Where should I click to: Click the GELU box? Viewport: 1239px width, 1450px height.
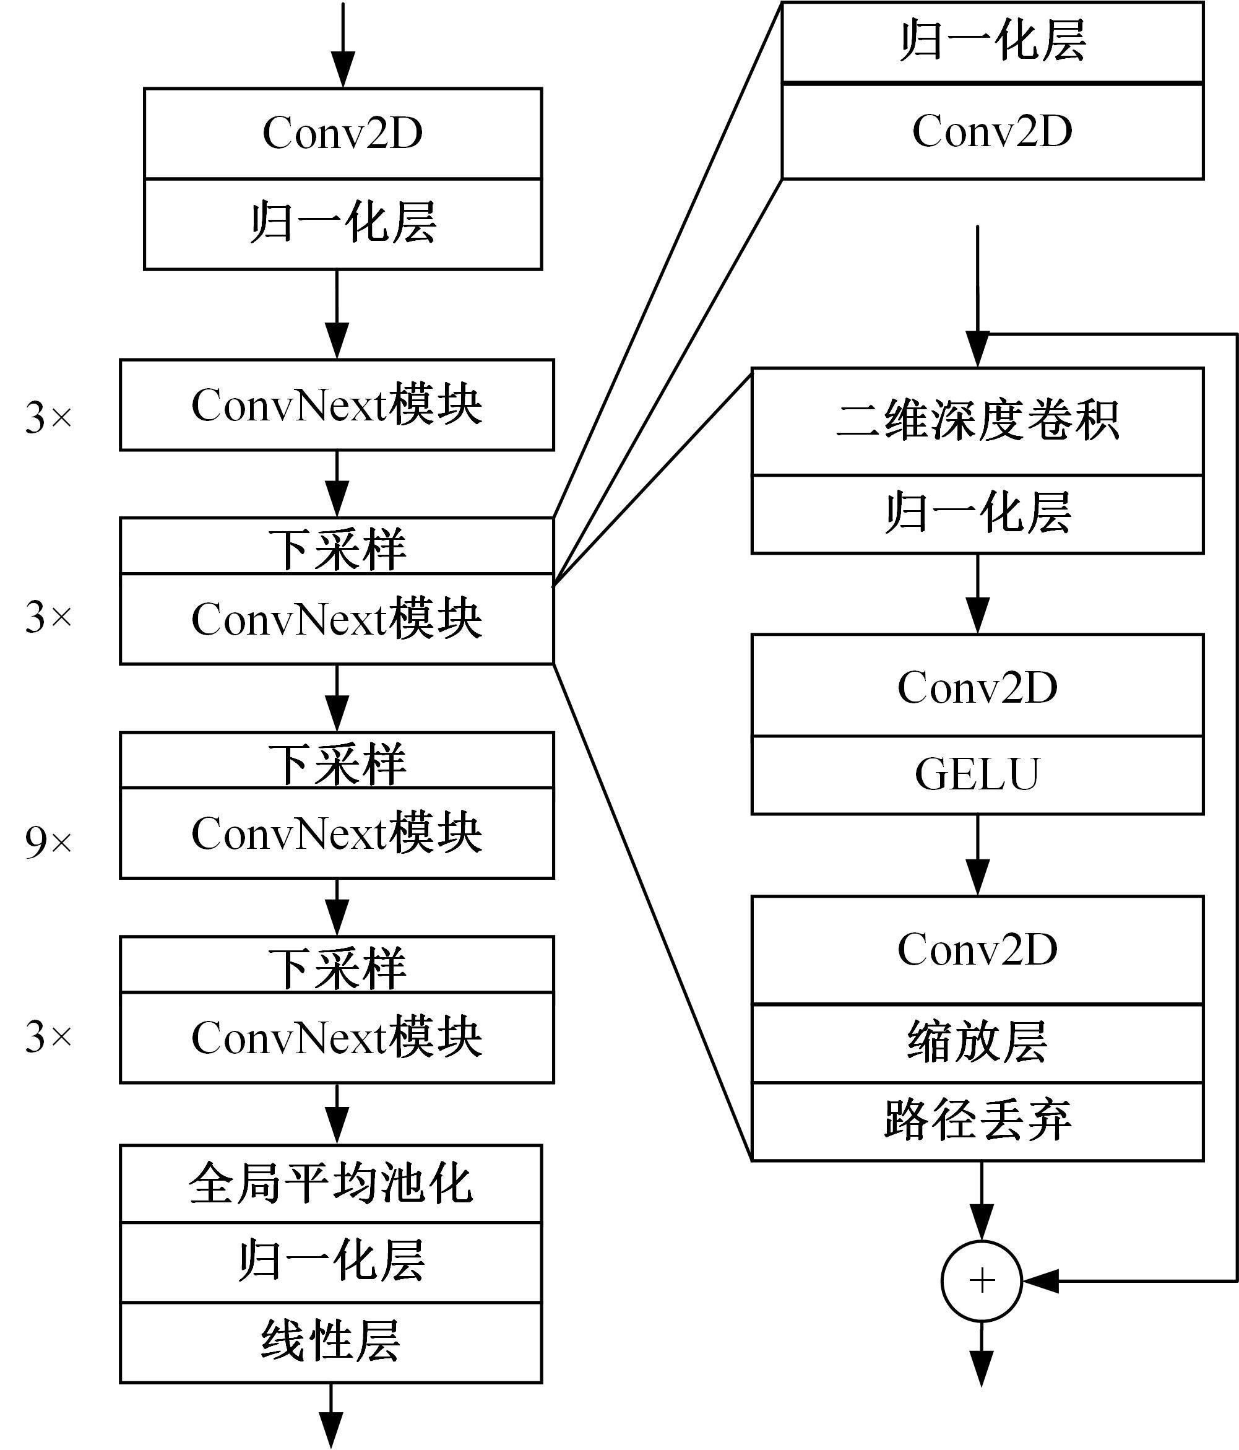977,775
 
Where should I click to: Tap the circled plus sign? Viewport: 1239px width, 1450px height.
982,1280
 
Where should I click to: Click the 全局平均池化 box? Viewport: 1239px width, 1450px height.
331,1183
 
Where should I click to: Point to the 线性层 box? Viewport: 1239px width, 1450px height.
331,1342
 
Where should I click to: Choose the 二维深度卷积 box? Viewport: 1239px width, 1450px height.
977,421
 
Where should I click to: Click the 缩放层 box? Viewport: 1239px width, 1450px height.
977,1043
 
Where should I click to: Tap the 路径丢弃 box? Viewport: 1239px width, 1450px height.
977,1121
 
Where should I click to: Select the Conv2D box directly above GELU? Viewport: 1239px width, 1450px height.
977,685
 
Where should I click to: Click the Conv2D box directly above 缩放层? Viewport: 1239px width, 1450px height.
977,950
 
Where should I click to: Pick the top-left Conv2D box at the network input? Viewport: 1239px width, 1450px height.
343,133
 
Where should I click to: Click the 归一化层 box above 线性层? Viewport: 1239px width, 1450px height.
331,1262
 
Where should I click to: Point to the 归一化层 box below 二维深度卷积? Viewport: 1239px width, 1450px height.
977,514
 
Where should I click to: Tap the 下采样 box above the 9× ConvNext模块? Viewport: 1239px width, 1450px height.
337,760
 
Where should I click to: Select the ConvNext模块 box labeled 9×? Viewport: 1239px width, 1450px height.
337,833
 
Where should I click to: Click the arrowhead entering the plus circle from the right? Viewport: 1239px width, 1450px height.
1040,1280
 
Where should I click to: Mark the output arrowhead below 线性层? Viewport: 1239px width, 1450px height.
331,1430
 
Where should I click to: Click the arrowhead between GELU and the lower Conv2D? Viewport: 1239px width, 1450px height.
977,877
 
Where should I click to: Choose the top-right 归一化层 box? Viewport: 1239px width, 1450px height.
992,42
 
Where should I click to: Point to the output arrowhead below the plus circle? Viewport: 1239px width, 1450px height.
982,1369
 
